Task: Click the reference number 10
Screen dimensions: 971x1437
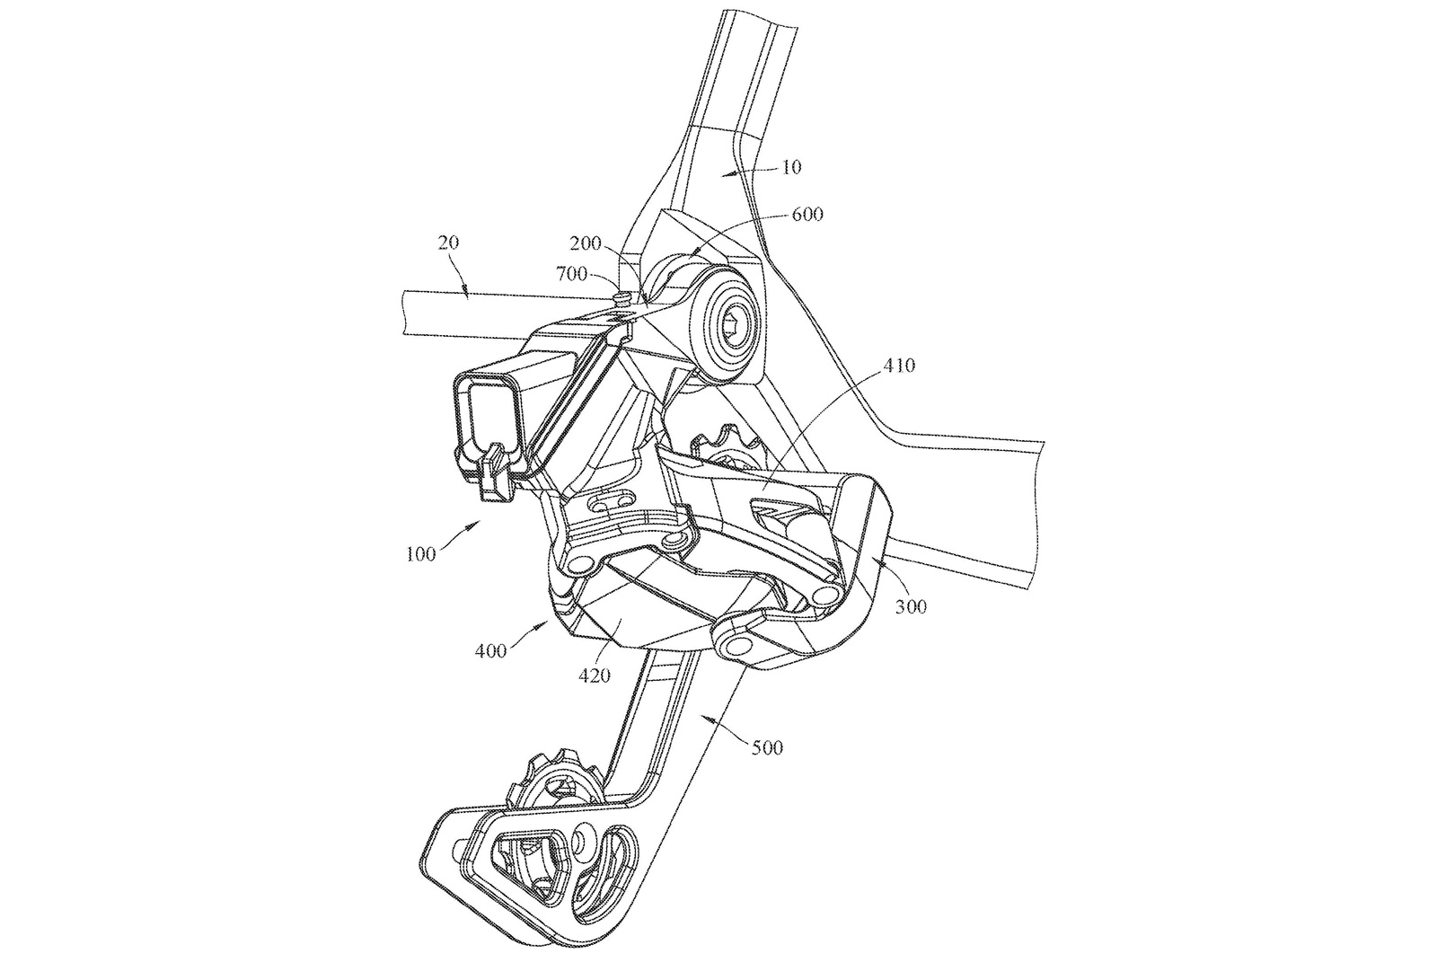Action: (x=791, y=167)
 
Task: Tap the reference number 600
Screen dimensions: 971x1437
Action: (x=807, y=215)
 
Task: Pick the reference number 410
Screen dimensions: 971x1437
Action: (x=897, y=366)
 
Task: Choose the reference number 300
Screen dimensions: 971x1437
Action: (x=910, y=606)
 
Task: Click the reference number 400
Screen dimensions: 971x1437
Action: (x=492, y=649)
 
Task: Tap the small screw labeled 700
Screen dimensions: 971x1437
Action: (x=620, y=295)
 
